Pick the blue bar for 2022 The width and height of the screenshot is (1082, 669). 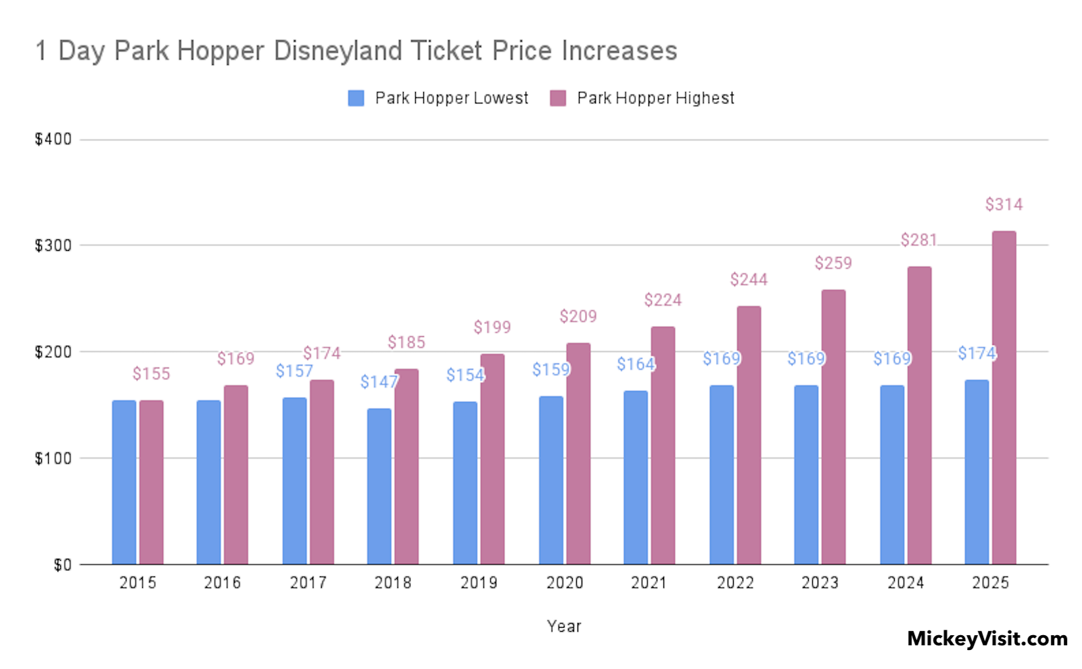[x=722, y=474]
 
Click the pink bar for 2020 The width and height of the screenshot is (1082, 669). [x=578, y=453]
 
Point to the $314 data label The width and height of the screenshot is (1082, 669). [x=1004, y=204]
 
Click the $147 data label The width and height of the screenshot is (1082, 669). [x=379, y=382]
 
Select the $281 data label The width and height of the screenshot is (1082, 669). [x=918, y=240]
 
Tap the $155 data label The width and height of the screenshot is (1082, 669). [x=151, y=373]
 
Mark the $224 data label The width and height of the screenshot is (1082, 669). [x=663, y=300]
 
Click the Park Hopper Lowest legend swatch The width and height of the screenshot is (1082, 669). [x=356, y=98]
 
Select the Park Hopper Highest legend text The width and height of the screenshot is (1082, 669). [x=655, y=98]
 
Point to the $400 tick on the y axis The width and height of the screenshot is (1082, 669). [x=53, y=139]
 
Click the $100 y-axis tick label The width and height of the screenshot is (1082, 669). [x=53, y=458]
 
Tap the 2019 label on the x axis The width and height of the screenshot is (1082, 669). [x=479, y=582]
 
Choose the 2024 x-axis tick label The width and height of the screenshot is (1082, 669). [x=905, y=582]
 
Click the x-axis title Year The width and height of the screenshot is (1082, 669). [x=564, y=626]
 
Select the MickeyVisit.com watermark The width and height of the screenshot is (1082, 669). [x=987, y=639]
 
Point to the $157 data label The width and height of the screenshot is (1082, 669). [x=294, y=371]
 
